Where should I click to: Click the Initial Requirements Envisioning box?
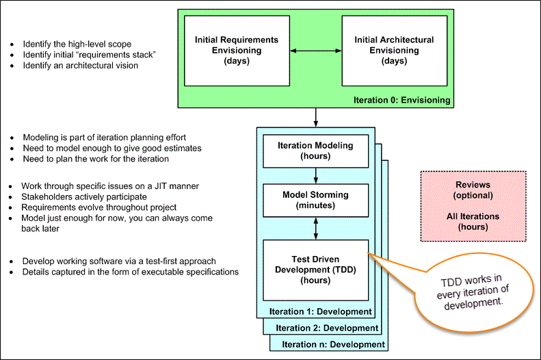(x=237, y=52)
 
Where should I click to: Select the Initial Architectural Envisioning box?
(x=394, y=52)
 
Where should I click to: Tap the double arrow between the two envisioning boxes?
(x=315, y=51)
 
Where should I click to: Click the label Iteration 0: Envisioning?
(x=402, y=100)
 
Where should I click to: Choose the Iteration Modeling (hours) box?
(x=316, y=151)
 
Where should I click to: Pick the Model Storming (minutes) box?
(x=316, y=199)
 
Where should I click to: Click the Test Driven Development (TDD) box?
(x=316, y=270)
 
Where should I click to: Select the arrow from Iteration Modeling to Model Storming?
(x=316, y=175)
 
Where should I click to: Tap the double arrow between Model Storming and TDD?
(x=316, y=227)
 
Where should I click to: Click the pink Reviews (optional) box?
(x=473, y=205)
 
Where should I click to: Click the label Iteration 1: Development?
(x=320, y=311)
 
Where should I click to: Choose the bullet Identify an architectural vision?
(x=80, y=66)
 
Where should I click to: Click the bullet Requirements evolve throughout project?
(x=98, y=207)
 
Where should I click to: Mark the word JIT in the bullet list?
(x=160, y=185)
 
